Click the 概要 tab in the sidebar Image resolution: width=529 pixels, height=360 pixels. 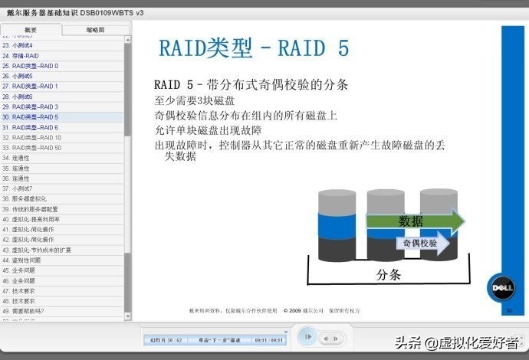click(31, 30)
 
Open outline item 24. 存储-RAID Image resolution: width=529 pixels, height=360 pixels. click(21, 56)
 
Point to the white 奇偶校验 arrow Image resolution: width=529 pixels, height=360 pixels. click(421, 244)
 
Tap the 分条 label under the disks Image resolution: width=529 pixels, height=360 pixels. click(389, 274)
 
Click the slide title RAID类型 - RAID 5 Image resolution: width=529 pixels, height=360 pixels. click(254, 48)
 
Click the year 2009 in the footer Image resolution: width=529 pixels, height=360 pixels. click(296, 311)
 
